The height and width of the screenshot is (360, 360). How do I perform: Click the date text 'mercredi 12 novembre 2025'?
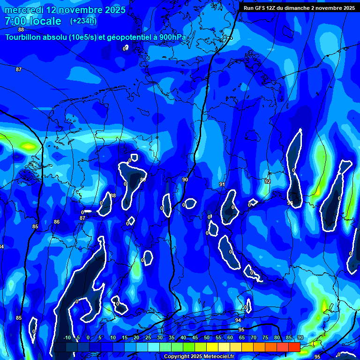65,10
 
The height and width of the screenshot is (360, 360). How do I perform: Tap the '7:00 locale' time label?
33,21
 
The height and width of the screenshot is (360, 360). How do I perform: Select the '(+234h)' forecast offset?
83,21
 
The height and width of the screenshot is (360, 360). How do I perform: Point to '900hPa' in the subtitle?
172,37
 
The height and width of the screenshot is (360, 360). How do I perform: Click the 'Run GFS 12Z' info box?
299,7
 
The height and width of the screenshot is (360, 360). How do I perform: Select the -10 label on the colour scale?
67,337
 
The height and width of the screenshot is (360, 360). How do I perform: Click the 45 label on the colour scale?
195,337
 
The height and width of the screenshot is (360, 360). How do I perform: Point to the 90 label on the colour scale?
300,337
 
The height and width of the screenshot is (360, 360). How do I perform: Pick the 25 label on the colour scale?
148,337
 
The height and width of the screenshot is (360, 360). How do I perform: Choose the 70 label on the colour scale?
254,337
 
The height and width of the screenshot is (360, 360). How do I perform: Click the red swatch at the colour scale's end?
294,347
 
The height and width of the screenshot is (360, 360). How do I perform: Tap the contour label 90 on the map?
185,180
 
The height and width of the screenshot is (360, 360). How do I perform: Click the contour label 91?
222,184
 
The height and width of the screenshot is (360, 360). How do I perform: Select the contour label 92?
268,181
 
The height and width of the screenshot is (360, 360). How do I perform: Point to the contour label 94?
238,320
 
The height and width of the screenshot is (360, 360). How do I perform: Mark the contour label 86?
57,222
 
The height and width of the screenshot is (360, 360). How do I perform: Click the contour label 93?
290,203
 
